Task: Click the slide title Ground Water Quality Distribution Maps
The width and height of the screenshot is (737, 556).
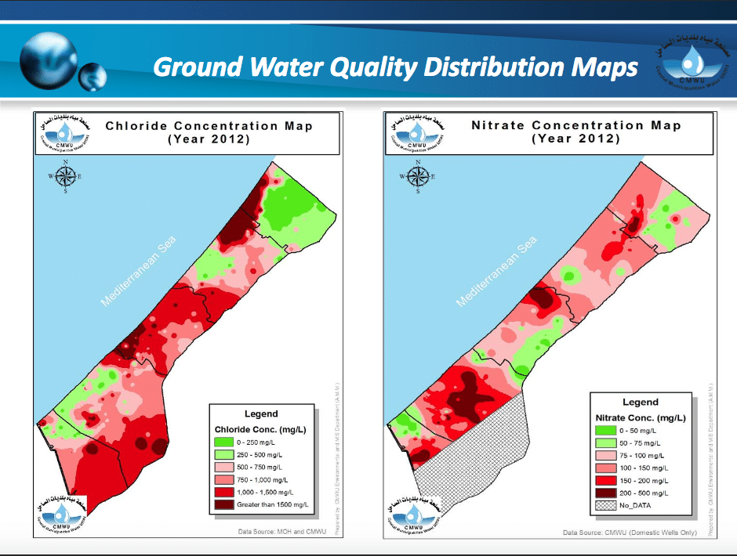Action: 395,67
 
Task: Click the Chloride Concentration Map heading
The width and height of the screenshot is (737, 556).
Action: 209,132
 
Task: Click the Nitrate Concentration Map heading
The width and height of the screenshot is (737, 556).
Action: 575,132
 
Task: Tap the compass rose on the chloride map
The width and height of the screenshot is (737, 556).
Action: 66,176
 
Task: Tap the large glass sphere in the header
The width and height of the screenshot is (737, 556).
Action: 49,56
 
